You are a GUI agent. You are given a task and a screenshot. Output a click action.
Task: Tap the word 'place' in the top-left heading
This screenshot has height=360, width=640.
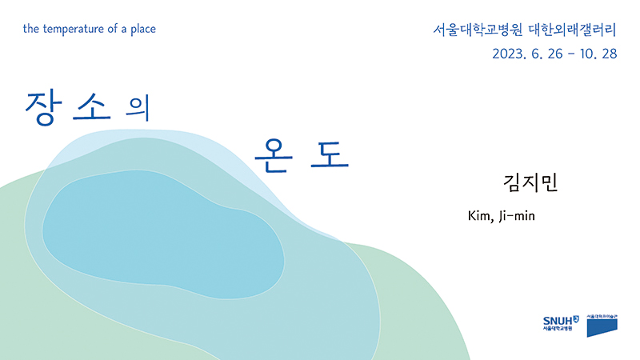point(142,29)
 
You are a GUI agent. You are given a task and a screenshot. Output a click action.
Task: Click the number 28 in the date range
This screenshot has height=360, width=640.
point(608,55)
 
